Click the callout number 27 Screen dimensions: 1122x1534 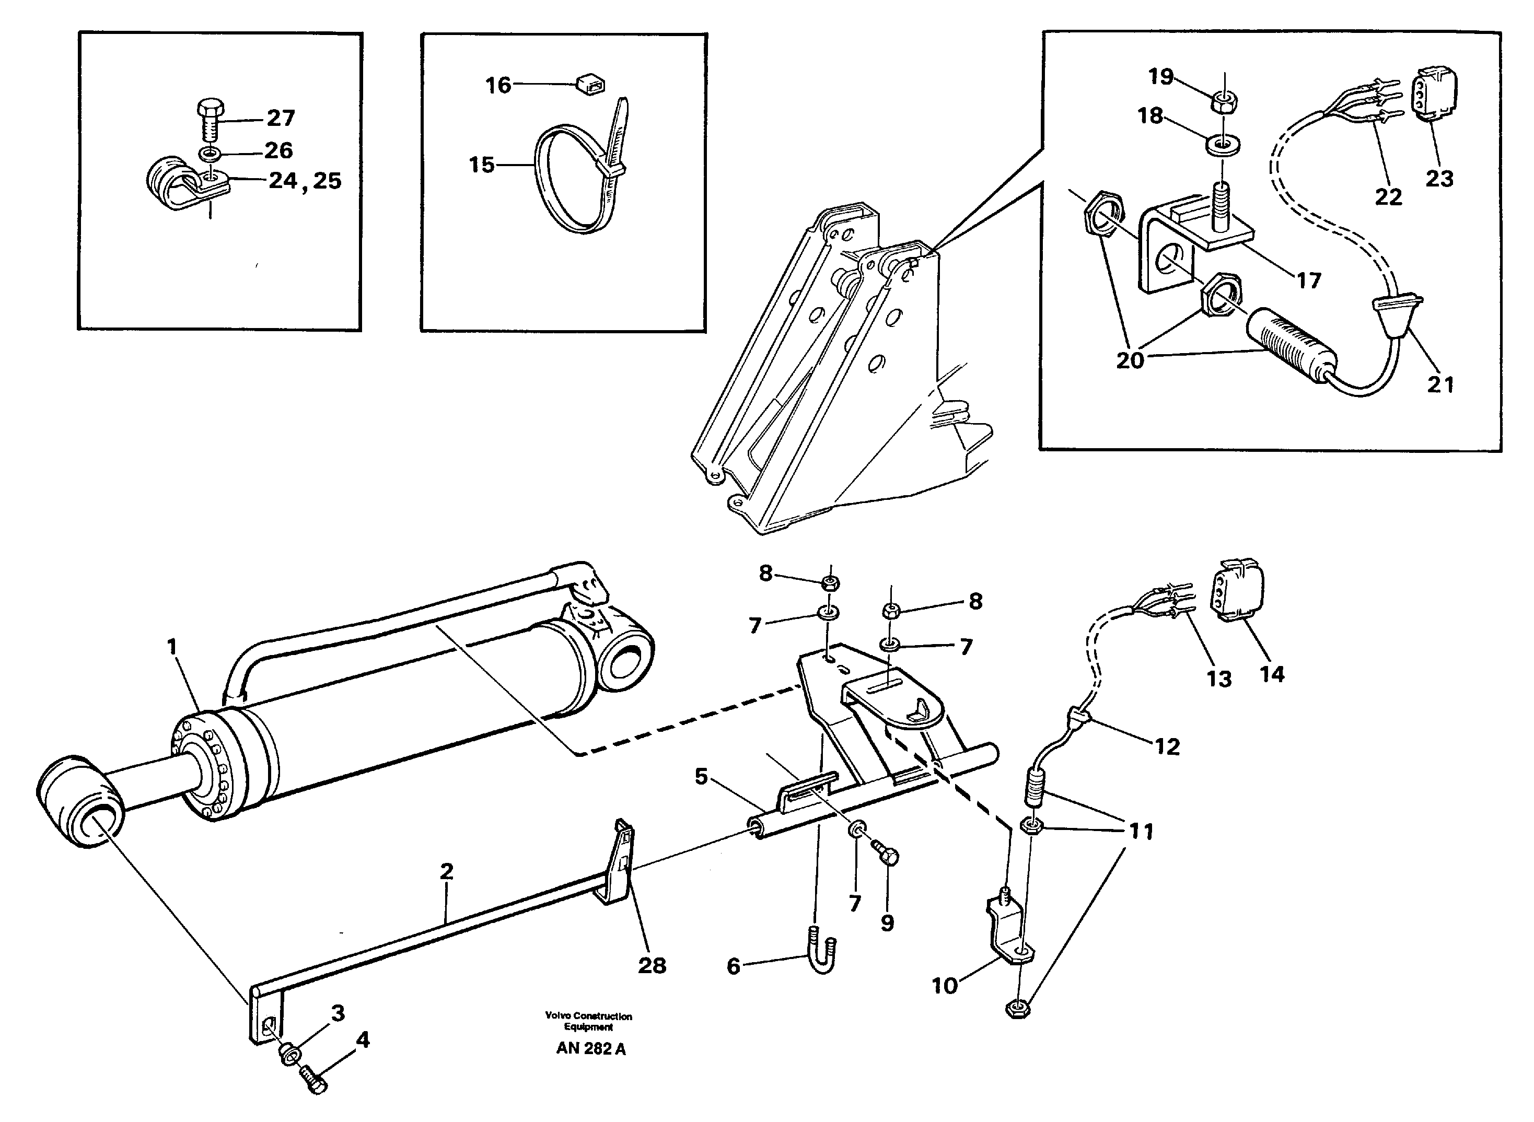(280, 118)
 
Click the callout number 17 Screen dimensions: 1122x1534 (1308, 280)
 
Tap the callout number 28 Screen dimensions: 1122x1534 (652, 965)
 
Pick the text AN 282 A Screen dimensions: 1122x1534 (590, 1049)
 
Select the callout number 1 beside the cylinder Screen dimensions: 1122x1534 (172, 647)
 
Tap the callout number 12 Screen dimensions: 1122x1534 (1167, 747)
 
